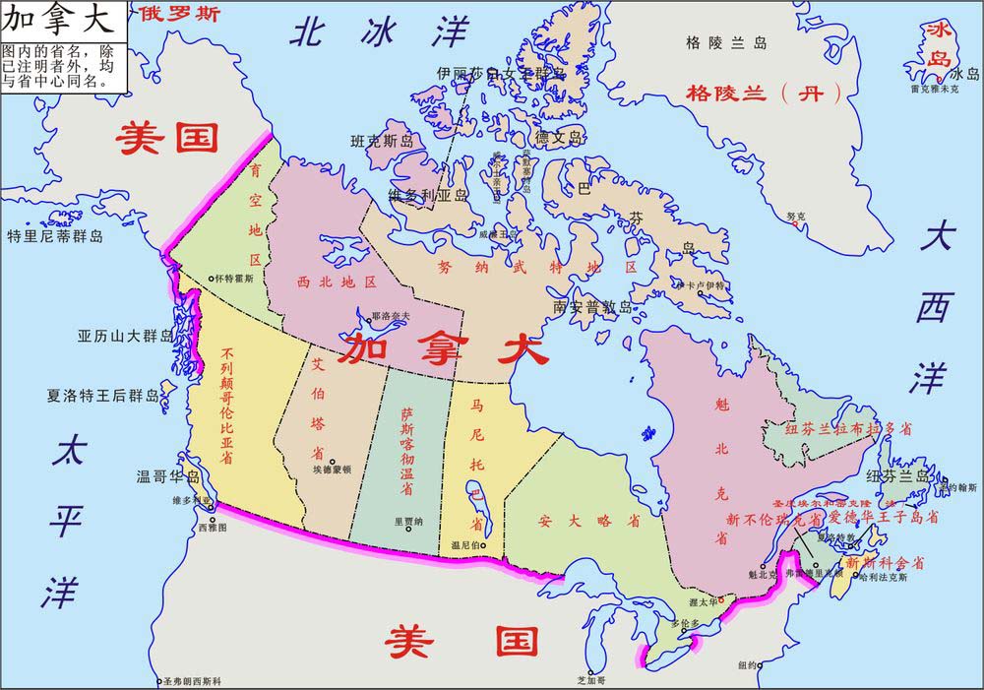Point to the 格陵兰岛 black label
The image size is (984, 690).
(726, 42)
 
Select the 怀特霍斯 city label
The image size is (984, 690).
(234, 279)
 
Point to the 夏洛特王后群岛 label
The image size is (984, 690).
(103, 397)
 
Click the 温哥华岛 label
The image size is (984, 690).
(173, 477)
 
